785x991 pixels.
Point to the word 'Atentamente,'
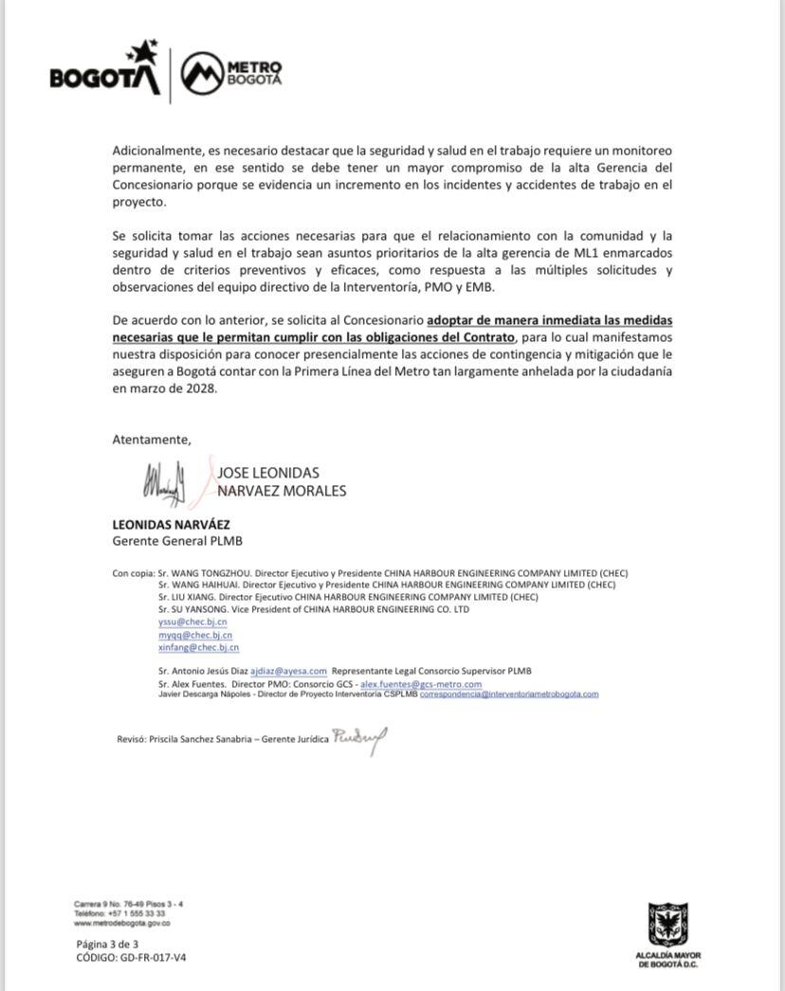tap(152, 440)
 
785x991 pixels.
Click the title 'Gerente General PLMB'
tap(170, 540)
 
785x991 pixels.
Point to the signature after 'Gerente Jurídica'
tap(359, 739)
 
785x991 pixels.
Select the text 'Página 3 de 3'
tap(107, 944)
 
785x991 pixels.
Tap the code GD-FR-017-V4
tap(152, 957)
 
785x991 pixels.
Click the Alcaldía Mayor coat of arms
tap(667, 925)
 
